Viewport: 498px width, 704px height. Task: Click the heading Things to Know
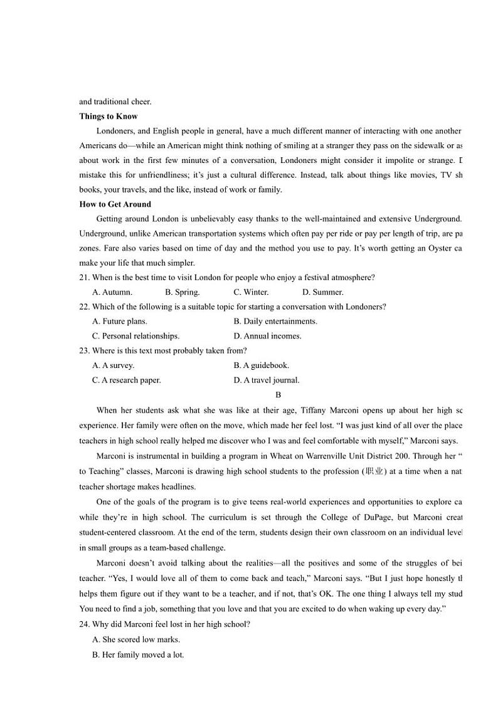109,117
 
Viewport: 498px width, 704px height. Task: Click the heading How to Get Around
115,204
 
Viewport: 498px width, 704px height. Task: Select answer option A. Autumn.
112,292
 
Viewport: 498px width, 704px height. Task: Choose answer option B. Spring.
183,292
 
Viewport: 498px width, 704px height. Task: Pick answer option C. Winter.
251,292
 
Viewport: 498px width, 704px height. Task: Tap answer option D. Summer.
323,292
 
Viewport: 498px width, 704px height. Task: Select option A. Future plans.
120,322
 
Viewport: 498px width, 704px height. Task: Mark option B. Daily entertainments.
275,322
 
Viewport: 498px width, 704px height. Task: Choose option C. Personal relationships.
135,336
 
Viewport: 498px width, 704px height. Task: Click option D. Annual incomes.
267,336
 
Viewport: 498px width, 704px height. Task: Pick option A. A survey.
113,365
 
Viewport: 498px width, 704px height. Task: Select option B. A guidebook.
262,365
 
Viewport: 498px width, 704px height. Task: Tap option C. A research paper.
127,380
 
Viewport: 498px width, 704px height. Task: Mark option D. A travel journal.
267,380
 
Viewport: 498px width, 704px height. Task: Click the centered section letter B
278,395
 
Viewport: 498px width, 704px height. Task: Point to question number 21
85,278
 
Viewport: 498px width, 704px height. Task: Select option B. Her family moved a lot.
138,655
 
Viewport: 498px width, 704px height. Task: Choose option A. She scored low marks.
136,640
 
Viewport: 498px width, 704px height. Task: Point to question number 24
85,624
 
